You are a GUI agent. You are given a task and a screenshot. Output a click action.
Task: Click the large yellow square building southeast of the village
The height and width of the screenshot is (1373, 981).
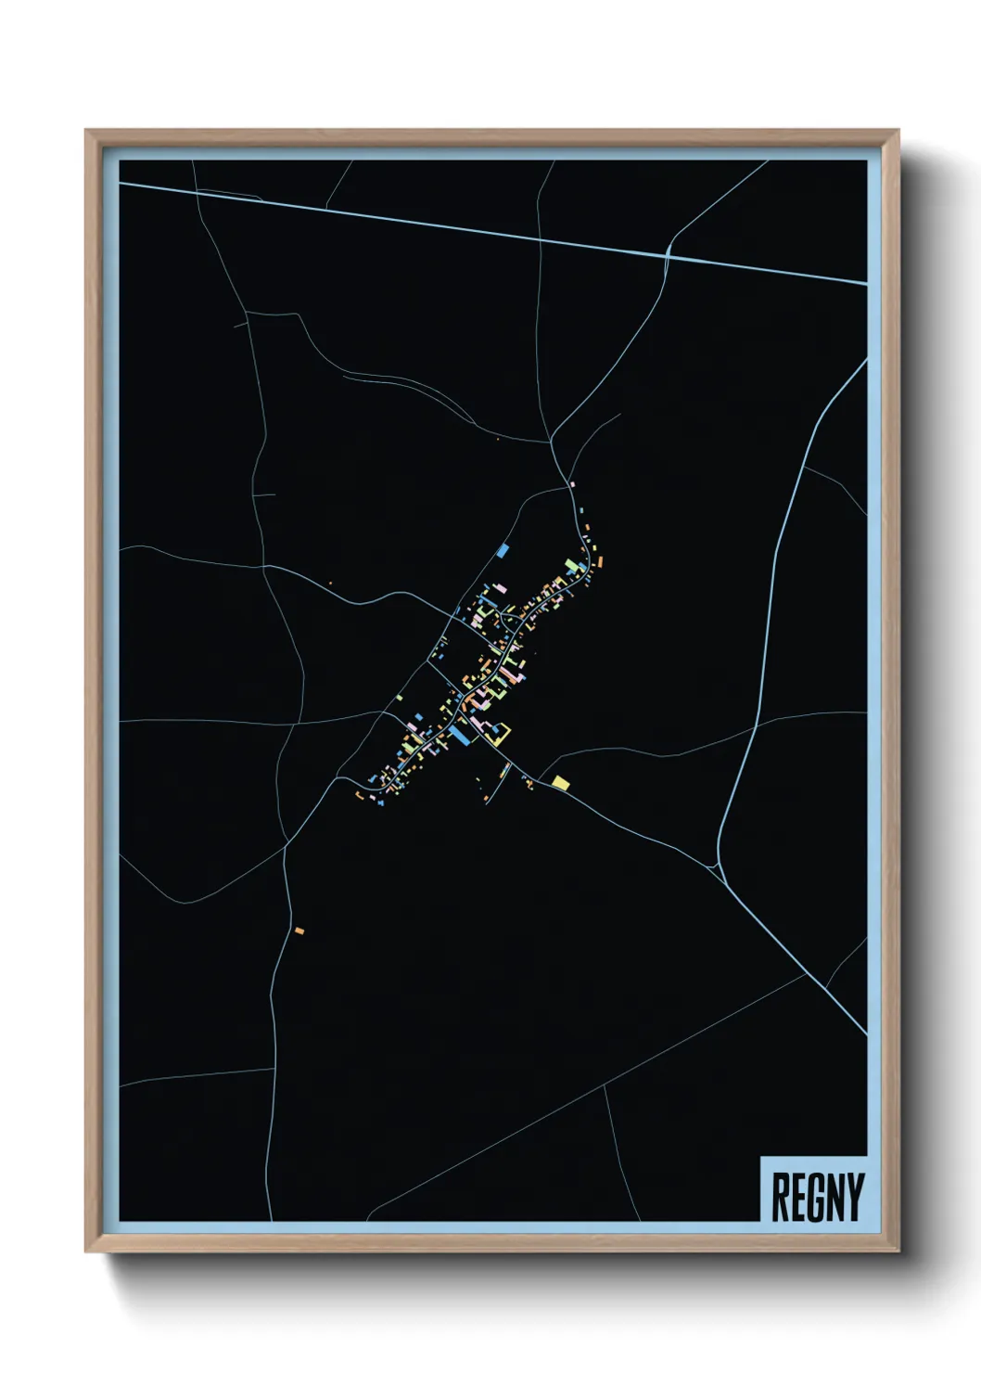coord(560,783)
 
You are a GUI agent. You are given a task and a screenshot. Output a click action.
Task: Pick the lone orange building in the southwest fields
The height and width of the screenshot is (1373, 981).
coord(299,930)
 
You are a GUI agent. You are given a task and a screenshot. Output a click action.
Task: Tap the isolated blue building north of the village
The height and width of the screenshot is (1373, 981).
coord(503,551)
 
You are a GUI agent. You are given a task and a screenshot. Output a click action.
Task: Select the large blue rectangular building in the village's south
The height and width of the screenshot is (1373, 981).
coord(458,736)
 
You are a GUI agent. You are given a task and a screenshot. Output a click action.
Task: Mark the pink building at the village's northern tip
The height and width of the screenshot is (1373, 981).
coord(572,484)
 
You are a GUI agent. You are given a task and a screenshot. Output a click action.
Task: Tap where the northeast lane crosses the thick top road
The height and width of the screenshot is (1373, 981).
coord(668,252)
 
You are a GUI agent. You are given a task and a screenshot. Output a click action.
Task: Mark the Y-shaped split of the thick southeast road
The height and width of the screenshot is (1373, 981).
coord(720,868)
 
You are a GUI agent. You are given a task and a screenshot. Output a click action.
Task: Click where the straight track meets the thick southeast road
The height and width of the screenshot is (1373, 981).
coord(803,976)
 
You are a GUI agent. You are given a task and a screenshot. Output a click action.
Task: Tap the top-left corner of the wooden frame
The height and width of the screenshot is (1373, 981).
coord(87,131)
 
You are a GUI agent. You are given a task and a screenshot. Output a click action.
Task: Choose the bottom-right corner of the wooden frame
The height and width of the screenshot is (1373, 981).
coord(898,1251)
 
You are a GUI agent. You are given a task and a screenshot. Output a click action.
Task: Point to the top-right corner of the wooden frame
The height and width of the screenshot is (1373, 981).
coord(898,131)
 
